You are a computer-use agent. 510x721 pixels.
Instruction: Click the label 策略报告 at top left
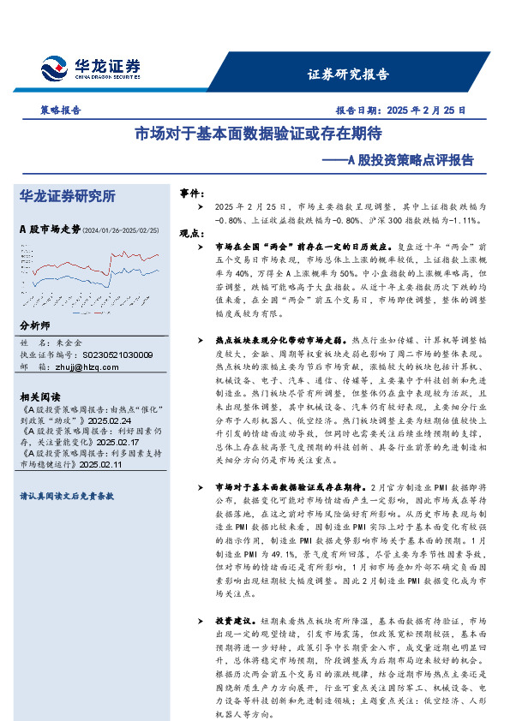coord(61,110)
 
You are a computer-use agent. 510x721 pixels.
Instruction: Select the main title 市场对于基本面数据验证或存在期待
coord(258,135)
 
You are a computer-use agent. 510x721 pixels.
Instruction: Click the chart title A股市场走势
coord(49,229)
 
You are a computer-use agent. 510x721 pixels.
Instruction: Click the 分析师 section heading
coord(35,327)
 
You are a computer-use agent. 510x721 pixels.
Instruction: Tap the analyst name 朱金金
coord(70,343)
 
